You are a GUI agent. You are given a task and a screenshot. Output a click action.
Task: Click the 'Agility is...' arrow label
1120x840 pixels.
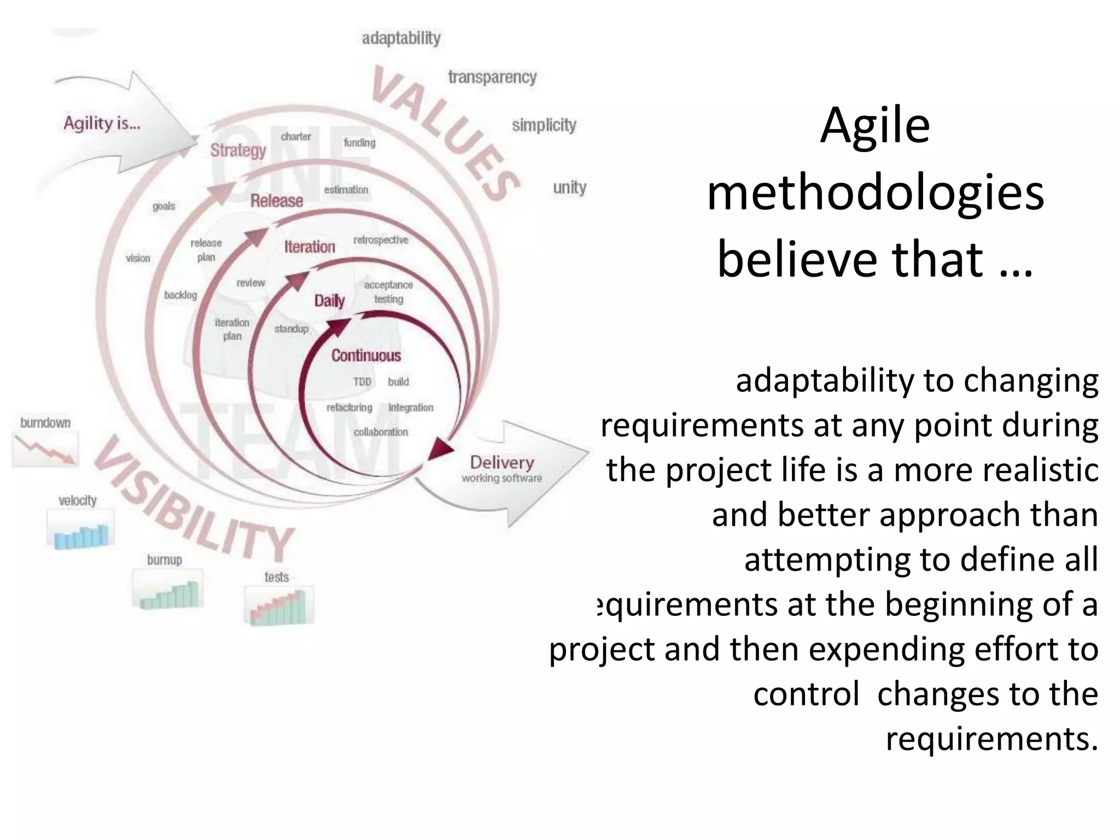(102, 123)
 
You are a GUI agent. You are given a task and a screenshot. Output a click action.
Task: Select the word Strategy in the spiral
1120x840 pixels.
(238, 150)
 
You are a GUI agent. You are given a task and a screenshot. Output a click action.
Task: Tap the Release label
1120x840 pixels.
(276, 201)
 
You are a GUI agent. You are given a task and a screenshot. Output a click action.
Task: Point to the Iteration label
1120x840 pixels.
(310, 247)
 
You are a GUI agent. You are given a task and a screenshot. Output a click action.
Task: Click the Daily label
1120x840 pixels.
(329, 300)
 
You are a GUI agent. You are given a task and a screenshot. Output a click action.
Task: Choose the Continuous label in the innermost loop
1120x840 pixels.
(366, 355)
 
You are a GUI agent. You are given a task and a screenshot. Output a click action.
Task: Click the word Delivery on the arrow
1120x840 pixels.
(501, 462)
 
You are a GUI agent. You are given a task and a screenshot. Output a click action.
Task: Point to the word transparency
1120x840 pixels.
(492, 77)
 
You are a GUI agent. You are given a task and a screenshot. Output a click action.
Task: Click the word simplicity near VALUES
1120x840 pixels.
(544, 125)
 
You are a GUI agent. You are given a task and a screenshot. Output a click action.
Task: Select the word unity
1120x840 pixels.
(569, 188)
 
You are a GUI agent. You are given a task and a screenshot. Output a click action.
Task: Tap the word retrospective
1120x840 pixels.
(381, 240)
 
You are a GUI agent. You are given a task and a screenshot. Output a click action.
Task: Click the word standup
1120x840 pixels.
(291, 329)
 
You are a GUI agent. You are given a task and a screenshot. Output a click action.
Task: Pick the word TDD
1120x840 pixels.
(362, 382)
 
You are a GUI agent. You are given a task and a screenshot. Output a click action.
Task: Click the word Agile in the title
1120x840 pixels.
(874, 125)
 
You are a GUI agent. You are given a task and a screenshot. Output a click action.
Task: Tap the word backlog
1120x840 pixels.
(180, 295)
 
